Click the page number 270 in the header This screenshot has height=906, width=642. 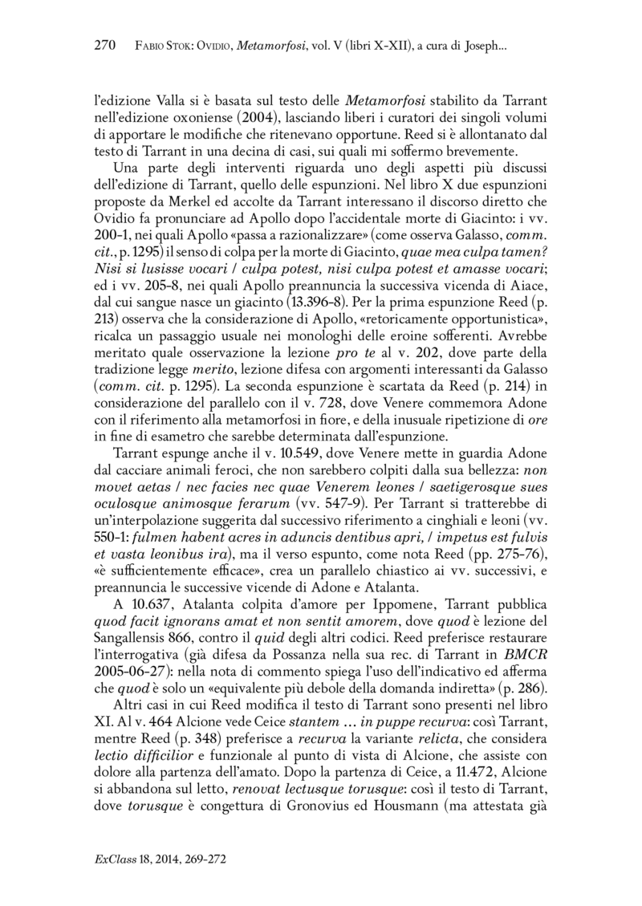pyautogui.click(x=107, y=46)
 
